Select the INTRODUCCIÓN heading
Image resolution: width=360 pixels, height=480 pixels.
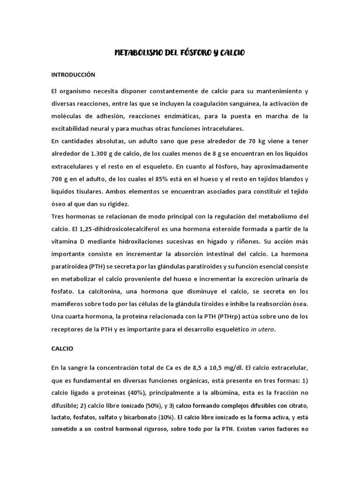click(73, 75)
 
